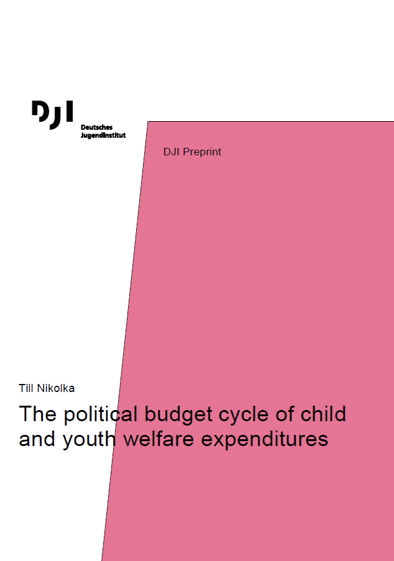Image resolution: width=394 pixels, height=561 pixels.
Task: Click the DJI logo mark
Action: [x=52, y=115]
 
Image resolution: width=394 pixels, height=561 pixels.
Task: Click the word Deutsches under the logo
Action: [x=96, y=127]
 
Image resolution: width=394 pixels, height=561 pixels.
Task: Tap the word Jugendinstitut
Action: [x=103, y=135]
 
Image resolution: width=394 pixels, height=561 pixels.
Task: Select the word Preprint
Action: [x=202, y=152]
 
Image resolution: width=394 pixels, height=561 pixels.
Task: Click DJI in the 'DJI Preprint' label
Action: [x=172, y=152]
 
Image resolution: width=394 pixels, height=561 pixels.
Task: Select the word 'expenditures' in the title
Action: [x=265, y=440]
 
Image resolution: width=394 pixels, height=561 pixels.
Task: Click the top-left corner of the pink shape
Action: [x=148, y=122]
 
